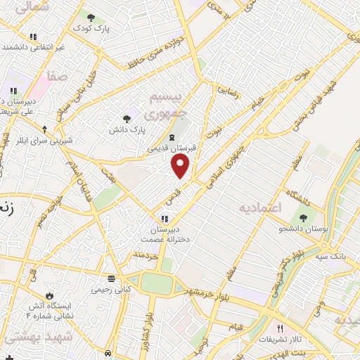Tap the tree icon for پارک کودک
point(91,18)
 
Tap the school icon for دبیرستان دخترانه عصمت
point(166,219)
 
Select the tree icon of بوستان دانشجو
point(304,219)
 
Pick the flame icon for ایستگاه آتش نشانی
point(49,295)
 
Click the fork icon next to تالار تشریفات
point(280,329)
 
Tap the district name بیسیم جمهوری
point(167,105)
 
